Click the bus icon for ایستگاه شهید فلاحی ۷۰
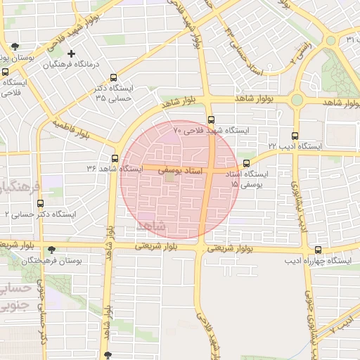212,120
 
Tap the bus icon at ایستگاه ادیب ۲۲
294,136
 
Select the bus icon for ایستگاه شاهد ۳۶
115,158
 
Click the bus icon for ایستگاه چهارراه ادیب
319,250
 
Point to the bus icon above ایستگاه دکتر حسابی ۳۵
113,79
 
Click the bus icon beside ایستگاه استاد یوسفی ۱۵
245,164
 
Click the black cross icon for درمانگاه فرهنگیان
71,53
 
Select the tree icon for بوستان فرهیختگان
51,250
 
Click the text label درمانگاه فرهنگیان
73,65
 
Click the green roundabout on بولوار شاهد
297,101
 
